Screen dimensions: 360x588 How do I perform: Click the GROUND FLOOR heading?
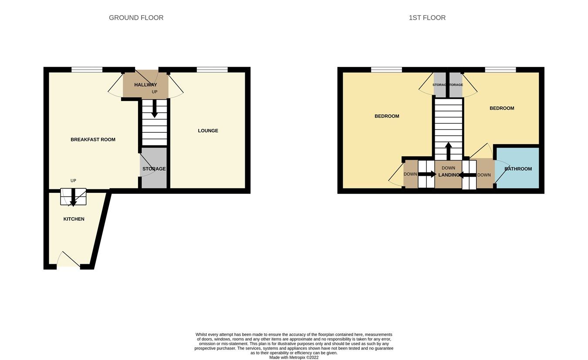point(136,18)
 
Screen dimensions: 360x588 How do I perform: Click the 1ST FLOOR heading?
point(427,18)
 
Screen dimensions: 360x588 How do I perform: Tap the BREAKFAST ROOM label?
point(93,140)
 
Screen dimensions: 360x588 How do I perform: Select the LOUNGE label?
point(208,131)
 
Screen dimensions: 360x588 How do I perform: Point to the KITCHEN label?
point(74,219)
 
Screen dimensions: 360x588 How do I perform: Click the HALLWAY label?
point(145,85)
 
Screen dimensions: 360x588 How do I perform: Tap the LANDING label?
point(449,175)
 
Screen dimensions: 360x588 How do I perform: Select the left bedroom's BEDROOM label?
point(387,116)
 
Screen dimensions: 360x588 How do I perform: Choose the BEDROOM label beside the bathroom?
point(502,108)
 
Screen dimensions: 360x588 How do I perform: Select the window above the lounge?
point(212,69)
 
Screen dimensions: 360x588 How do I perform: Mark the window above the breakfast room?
point(87,69)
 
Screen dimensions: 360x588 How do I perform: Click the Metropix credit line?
point(294,357)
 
